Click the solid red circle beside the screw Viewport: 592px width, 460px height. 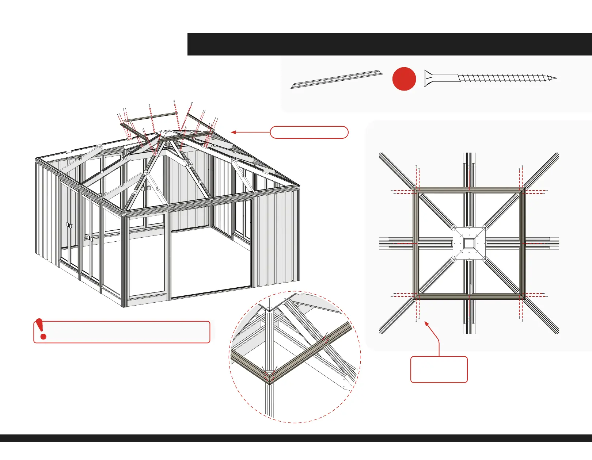[404, 79]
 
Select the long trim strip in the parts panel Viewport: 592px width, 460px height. [337, 79]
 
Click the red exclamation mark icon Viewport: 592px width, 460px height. [42, 329]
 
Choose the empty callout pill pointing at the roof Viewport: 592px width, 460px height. [309, 132]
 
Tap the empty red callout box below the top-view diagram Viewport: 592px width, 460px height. [439, 369]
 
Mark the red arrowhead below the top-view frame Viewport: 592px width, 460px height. [426, 323]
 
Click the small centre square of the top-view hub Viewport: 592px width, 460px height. [469, 243]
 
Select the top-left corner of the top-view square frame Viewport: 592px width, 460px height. [416, 190]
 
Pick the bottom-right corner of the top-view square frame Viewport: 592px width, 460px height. [522, 297]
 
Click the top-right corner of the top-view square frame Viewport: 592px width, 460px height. [522, 190]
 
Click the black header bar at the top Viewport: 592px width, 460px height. [390, 44]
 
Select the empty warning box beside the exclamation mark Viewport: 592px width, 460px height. [128, 332]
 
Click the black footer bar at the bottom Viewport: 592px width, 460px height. [296, 438]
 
